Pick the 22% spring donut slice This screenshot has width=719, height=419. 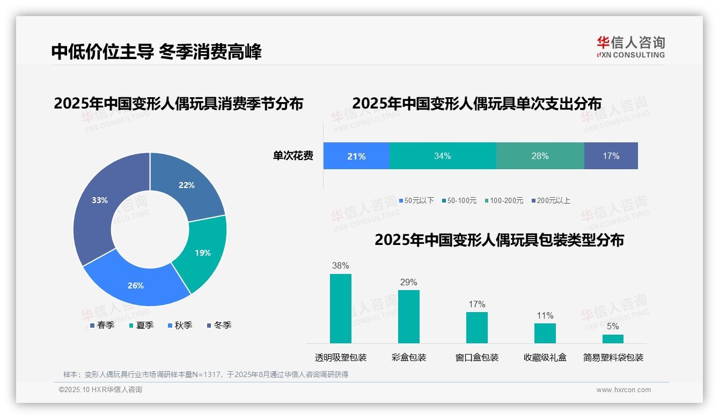click(188, 185)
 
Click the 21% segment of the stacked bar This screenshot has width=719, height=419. click(356, 156)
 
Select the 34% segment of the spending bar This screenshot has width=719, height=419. click(442, 156)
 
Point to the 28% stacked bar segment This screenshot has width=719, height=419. click(540, 156)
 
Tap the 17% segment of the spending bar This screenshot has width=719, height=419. click(611, 156)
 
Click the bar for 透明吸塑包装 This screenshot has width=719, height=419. click(340, 308)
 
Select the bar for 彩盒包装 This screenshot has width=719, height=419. click(408, 316)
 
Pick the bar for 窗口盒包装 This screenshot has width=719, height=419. click(476, 327)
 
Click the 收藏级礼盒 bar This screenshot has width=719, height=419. click(545, 333)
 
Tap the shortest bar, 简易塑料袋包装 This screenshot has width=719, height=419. click(613, 339)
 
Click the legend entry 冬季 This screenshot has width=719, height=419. click(218, 325)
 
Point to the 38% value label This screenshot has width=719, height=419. click(340, 265)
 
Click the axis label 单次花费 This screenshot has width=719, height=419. click(293, 156)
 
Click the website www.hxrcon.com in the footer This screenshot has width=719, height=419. click(623, 390)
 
